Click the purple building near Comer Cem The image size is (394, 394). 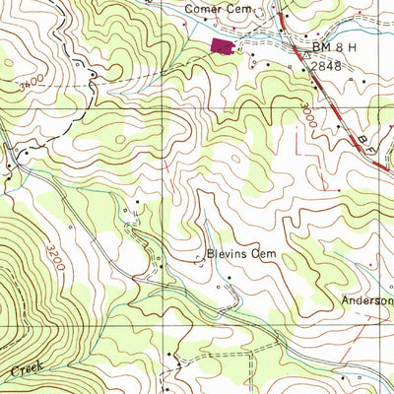tap(223, 45)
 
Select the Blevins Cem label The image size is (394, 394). tap(238, 254)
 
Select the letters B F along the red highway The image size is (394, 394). tap(372, 145)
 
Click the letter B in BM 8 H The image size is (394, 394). tap(317, 46)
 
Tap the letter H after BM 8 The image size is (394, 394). tap(352, 46)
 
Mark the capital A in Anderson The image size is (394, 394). tap(346, 300)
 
